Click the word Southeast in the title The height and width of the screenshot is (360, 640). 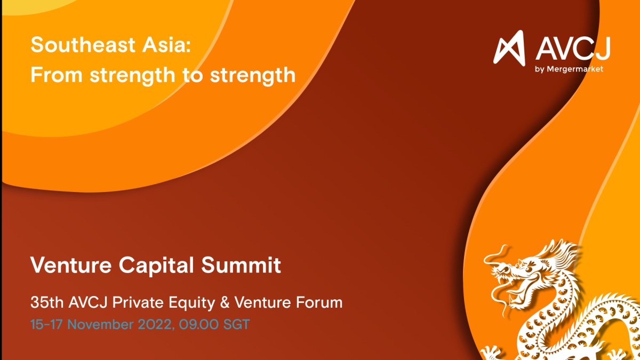coord(83,45)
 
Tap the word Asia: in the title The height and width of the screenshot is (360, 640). coord(166,45)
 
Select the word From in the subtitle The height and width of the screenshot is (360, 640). coord(57,75)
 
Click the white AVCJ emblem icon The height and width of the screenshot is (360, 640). coord(509,49)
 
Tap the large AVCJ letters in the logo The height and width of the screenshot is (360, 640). coord(573,49)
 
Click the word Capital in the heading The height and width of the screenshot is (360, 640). coord(156,266)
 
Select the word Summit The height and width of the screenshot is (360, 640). coord(241,265)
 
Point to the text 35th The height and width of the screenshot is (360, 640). coord(47,302)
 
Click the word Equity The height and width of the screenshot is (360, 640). coord(191,303)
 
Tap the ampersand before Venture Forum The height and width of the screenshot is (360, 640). coord(225,302)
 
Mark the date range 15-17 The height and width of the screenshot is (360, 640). coord(46,325)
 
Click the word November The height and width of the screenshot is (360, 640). coord(100,325)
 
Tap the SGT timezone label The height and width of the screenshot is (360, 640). coord(237,325)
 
